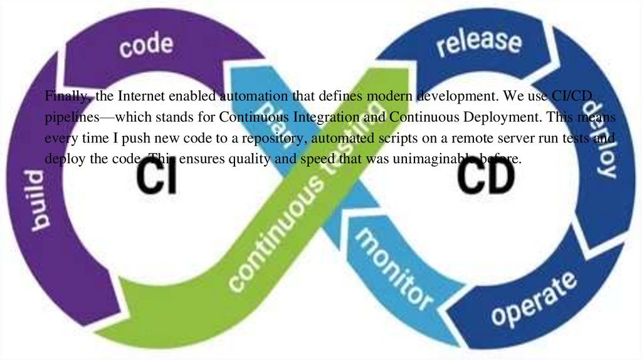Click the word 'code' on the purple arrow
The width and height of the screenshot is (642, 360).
click(x=146, y=46)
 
